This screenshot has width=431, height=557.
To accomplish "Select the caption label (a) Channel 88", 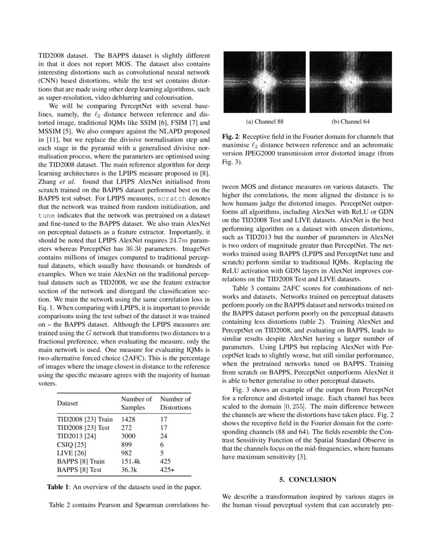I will (265, 122).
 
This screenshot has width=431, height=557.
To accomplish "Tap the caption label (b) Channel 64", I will (350, 122).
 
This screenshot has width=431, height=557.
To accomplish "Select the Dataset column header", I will (69, 403).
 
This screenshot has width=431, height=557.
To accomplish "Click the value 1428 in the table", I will (129, 419).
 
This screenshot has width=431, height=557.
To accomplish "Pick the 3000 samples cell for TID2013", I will (129, 435).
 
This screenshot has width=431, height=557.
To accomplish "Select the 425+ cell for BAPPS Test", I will (169, 469).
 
